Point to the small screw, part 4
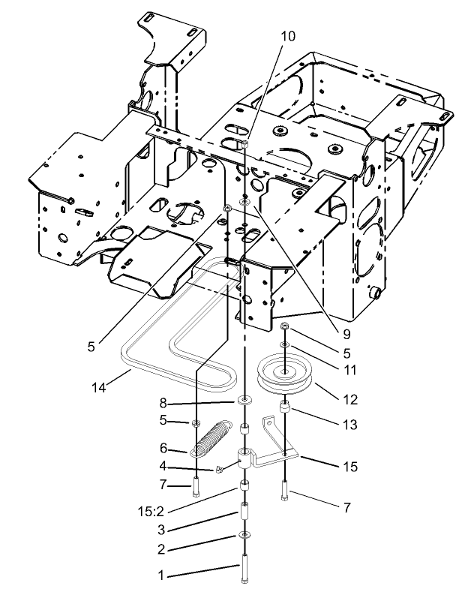tap(217, 469)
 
